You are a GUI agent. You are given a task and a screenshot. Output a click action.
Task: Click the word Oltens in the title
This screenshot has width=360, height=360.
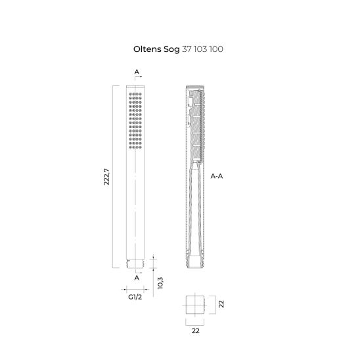(x=148, y=49)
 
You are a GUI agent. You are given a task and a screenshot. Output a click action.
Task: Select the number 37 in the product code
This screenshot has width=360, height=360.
(x=196, y=49)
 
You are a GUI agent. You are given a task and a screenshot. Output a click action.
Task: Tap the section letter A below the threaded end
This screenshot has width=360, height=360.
(x=136, y=277)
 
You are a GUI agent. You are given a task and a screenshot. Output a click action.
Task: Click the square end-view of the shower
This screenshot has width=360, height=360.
(x=195, y=304)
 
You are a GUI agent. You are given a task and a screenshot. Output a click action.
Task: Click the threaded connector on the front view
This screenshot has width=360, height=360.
(x=135, y=265)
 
